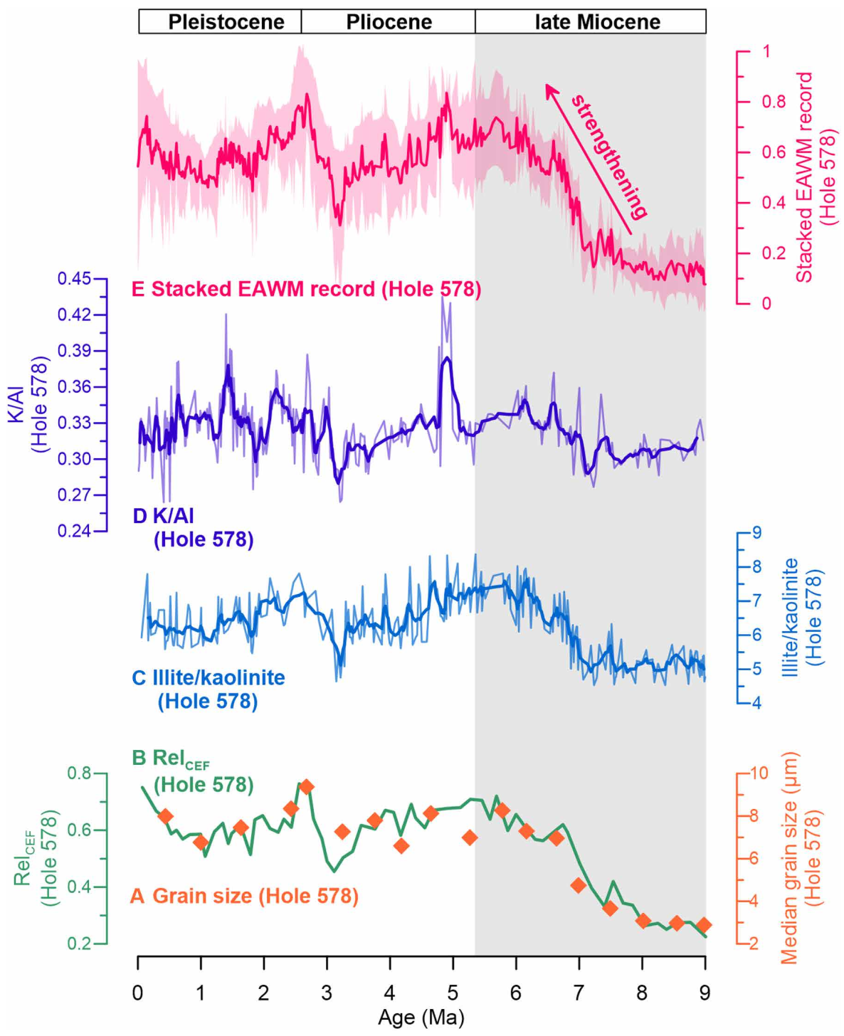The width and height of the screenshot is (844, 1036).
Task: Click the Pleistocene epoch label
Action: point(226,22)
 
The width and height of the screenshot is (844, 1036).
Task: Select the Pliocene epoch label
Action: point(389,22)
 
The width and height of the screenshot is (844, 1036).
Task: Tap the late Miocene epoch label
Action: point(597,22)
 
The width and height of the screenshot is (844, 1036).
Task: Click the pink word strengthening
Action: point(609,155)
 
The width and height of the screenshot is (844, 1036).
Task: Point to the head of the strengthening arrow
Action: point(547,85)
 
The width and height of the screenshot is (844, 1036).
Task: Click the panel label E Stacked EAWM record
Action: point(306,290)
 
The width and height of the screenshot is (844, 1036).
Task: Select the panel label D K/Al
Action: point(192,527)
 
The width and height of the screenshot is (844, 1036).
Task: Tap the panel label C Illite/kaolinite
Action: point(208,689)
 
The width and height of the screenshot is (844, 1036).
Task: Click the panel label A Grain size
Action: point(244,896)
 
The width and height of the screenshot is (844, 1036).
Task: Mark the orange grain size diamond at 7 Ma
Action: point(578,886)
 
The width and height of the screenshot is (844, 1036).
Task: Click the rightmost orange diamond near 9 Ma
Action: point(704,925)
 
